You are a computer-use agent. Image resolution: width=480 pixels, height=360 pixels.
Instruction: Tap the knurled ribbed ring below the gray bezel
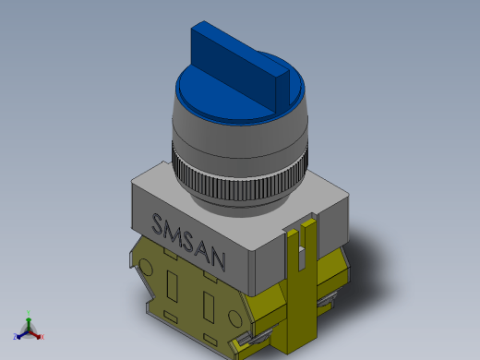point(239,181)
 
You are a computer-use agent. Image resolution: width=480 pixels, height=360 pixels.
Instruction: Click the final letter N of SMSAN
point(218,260)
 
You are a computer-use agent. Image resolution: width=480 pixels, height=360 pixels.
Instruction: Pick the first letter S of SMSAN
point(158,223)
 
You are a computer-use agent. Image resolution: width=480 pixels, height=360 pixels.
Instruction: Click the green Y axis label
point(29,313)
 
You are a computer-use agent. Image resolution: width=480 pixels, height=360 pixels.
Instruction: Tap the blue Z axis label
point(15,336)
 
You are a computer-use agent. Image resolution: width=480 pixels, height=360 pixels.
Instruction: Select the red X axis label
point(42,337)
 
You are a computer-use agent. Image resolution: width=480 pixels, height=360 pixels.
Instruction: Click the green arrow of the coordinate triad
point(29,324)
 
